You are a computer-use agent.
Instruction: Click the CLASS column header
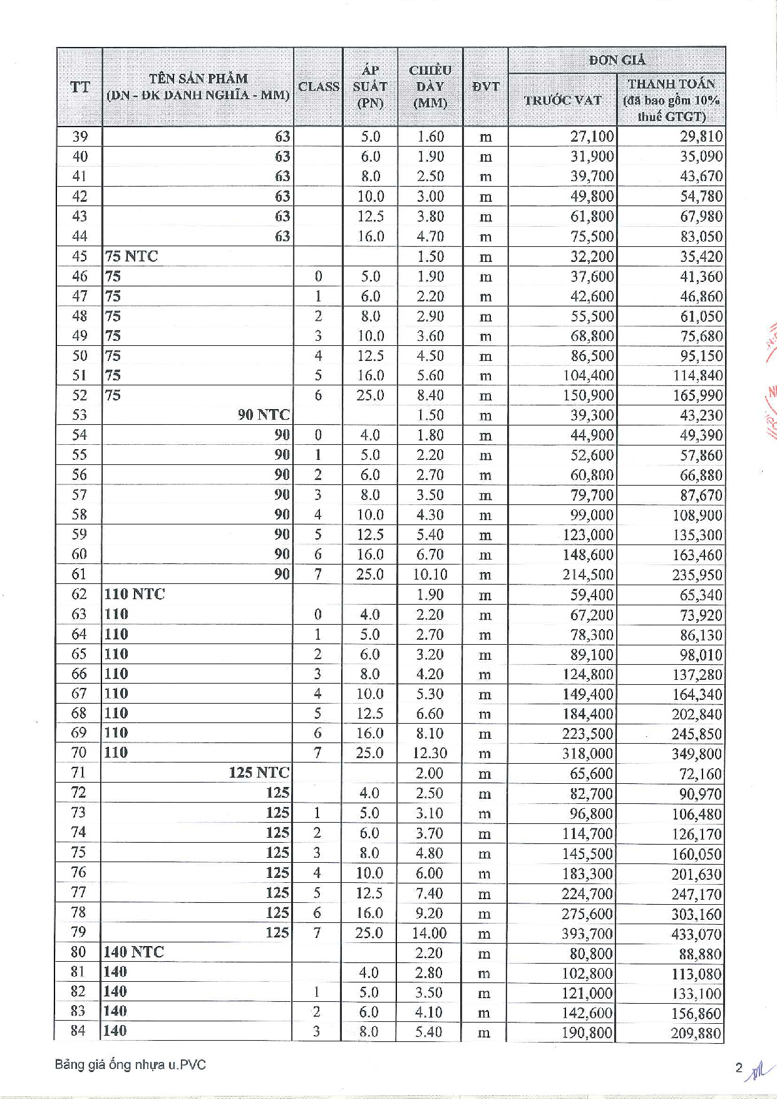(318, 86)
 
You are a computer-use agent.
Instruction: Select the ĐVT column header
(485, 86)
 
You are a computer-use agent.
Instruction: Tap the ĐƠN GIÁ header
(617, 60)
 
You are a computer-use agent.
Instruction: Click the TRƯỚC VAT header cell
(562, 100)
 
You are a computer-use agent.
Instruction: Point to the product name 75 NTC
(131, 256)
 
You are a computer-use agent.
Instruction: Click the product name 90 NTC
(264, 415)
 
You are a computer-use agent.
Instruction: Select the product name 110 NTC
(135, 594)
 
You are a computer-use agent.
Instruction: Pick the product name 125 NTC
(259, 773)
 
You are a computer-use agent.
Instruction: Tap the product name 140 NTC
(133, 952)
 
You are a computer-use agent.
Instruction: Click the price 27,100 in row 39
(592, 137)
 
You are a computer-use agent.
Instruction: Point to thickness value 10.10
(430, 575)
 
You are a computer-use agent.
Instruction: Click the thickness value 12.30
(430, 753)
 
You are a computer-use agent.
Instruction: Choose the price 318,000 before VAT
(587, 754)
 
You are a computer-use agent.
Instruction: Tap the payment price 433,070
(696, 934)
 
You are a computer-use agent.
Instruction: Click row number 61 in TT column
(79, 574)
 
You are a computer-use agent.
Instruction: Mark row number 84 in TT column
(78, 1031)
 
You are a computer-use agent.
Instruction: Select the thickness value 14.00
(429, 934)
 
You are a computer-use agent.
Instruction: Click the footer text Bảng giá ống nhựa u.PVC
(130, 1065)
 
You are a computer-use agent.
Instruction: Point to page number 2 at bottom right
(739, 1068)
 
